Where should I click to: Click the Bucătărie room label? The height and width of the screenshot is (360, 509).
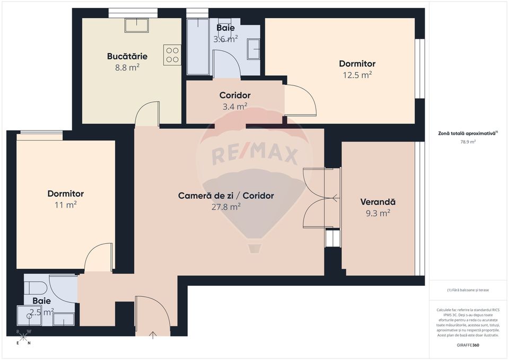[x=127, y=56]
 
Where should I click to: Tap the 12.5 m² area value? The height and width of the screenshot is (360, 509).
[x=357, y=75]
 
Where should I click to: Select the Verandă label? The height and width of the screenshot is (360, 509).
[x=378, y=202]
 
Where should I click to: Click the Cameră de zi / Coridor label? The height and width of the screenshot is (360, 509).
[x=226, y=196]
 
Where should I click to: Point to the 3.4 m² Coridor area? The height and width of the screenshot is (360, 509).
[x=235, y=107]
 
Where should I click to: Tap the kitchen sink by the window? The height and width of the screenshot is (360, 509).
[x=136, y=25]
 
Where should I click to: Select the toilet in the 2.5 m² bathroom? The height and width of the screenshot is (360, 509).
[x=33, y=288]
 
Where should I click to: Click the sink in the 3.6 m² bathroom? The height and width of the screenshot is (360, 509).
[x=253, y=49]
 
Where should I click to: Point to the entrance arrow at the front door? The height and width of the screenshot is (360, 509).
[x=153, y=335]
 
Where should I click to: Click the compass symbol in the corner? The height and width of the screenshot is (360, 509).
[x=24, y=336]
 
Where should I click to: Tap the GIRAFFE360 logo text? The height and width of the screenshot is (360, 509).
[x=467, y=345]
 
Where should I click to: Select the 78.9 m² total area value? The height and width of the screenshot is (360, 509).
[x=468, y=142]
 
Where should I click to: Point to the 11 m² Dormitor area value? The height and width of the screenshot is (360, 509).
[x=66, y=205]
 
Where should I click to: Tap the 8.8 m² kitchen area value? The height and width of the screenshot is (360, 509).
[x=127, y=67]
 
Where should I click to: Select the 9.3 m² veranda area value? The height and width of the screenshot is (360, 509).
[x=378, y=213]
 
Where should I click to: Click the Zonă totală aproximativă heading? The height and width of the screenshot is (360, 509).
[x=468, y=134]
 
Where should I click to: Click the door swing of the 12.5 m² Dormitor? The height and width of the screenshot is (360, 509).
[x=300, y=102]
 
